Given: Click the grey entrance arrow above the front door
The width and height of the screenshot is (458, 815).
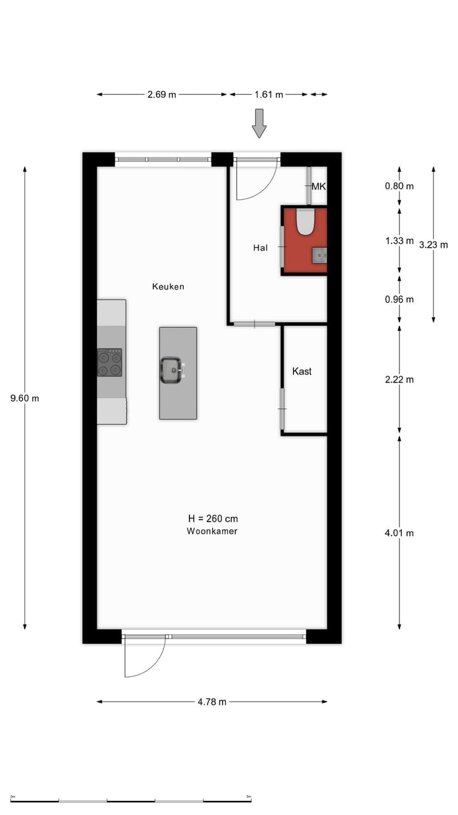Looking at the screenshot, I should click(x=259, y=123).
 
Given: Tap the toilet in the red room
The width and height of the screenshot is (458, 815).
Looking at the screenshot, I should click(x=306, y=222).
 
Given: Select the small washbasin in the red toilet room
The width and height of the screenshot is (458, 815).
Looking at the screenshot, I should click(x=319, y=256).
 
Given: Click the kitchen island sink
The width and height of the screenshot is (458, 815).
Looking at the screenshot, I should click(x=171, y=370).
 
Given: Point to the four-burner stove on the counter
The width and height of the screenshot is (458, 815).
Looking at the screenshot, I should click(x=109, y=362).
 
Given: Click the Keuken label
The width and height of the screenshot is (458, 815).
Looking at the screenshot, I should click(x=168, y=287).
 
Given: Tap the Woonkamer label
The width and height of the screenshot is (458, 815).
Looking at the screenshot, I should click(x=212, y=531).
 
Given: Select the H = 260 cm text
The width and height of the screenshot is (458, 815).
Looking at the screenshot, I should click(x=212, y=519).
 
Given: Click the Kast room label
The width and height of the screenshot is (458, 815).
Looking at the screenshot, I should click(x=302, y=371).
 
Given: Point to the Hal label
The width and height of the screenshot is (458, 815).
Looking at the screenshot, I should click(x=260, y=247).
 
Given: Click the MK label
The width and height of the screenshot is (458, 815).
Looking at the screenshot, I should click(x=319, y=187).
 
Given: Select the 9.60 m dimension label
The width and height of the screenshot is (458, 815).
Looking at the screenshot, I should click(x=25, y=399).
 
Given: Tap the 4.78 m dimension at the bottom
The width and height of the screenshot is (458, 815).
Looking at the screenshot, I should click(x=212, y=702).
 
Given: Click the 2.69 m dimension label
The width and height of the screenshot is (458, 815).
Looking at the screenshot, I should click(x=162, y=94).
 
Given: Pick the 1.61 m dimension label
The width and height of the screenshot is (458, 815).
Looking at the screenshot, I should click(x=268, y=94).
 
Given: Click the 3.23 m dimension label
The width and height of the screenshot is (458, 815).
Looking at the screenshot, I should click(x=433, y=244).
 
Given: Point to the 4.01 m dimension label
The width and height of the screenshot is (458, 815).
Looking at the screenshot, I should click(x=399, y=533).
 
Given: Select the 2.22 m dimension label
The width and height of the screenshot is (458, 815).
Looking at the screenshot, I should click(x=399, y=379).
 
